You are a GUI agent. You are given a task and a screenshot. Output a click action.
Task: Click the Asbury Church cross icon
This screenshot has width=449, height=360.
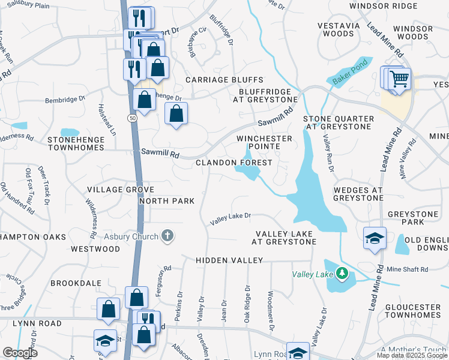pyautogui.click(x=167, y=236)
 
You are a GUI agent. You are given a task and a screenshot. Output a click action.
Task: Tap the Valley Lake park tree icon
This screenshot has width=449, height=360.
pyautogui.click(x=342, y=274)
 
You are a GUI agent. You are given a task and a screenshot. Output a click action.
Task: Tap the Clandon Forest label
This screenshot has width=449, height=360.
pyautogui.click(x=234, y=163)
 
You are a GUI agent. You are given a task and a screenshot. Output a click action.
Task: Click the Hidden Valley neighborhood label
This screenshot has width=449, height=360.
pyautogui.click(x=229, y=260)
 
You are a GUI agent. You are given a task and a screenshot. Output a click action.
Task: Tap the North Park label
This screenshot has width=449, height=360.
pyautogui.click(x=167, y=201)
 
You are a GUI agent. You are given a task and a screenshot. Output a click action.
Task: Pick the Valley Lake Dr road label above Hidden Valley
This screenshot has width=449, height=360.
pyautogui.click(x=230, y=220)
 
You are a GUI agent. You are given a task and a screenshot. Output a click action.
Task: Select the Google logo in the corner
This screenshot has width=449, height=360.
pyautogui.click(x=20, y=353)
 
